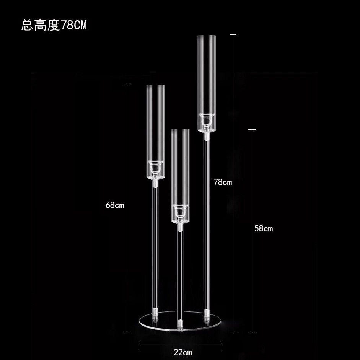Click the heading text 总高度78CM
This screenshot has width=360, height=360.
54,26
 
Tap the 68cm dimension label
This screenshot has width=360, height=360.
115,205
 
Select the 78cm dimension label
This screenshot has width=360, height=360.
223,182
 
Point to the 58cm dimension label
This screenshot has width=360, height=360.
264,229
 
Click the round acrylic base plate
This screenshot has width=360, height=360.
180,321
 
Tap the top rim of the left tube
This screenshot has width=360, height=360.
155,86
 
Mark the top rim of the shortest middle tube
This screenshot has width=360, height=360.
180,130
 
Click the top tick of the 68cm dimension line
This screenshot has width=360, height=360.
127,85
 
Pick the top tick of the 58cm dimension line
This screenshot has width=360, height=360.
252,130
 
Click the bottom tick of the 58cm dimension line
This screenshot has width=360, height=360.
252,332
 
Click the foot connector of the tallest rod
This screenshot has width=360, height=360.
207,315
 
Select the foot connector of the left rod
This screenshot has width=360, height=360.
155,316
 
